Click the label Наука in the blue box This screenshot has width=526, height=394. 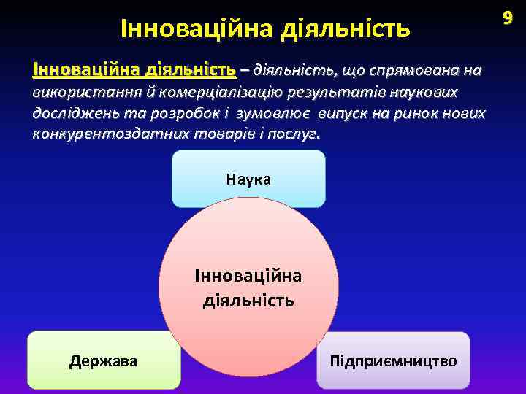tap(248, 179)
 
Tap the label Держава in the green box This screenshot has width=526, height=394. tap(103, 360)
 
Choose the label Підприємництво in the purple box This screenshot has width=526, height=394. tap(393, 360)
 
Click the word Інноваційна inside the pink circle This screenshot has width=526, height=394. tap(248, 276)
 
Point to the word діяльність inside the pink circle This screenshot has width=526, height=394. tap(248, 299)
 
